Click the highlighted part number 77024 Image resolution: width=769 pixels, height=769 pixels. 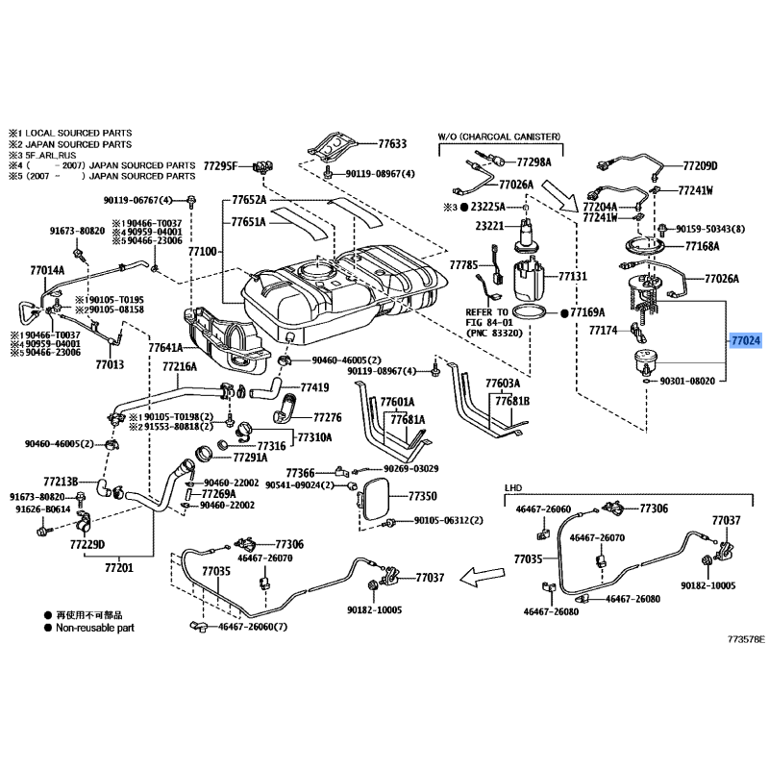[x=745, y=340]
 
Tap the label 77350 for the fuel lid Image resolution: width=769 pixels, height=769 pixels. [x=422, y=497]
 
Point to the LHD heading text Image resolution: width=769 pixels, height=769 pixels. [x=514, y=488]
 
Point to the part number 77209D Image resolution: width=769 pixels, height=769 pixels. [x=701, y=165]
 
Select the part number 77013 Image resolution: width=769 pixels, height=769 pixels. [x=111, y=365]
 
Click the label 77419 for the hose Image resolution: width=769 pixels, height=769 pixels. [x=314, y=388]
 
